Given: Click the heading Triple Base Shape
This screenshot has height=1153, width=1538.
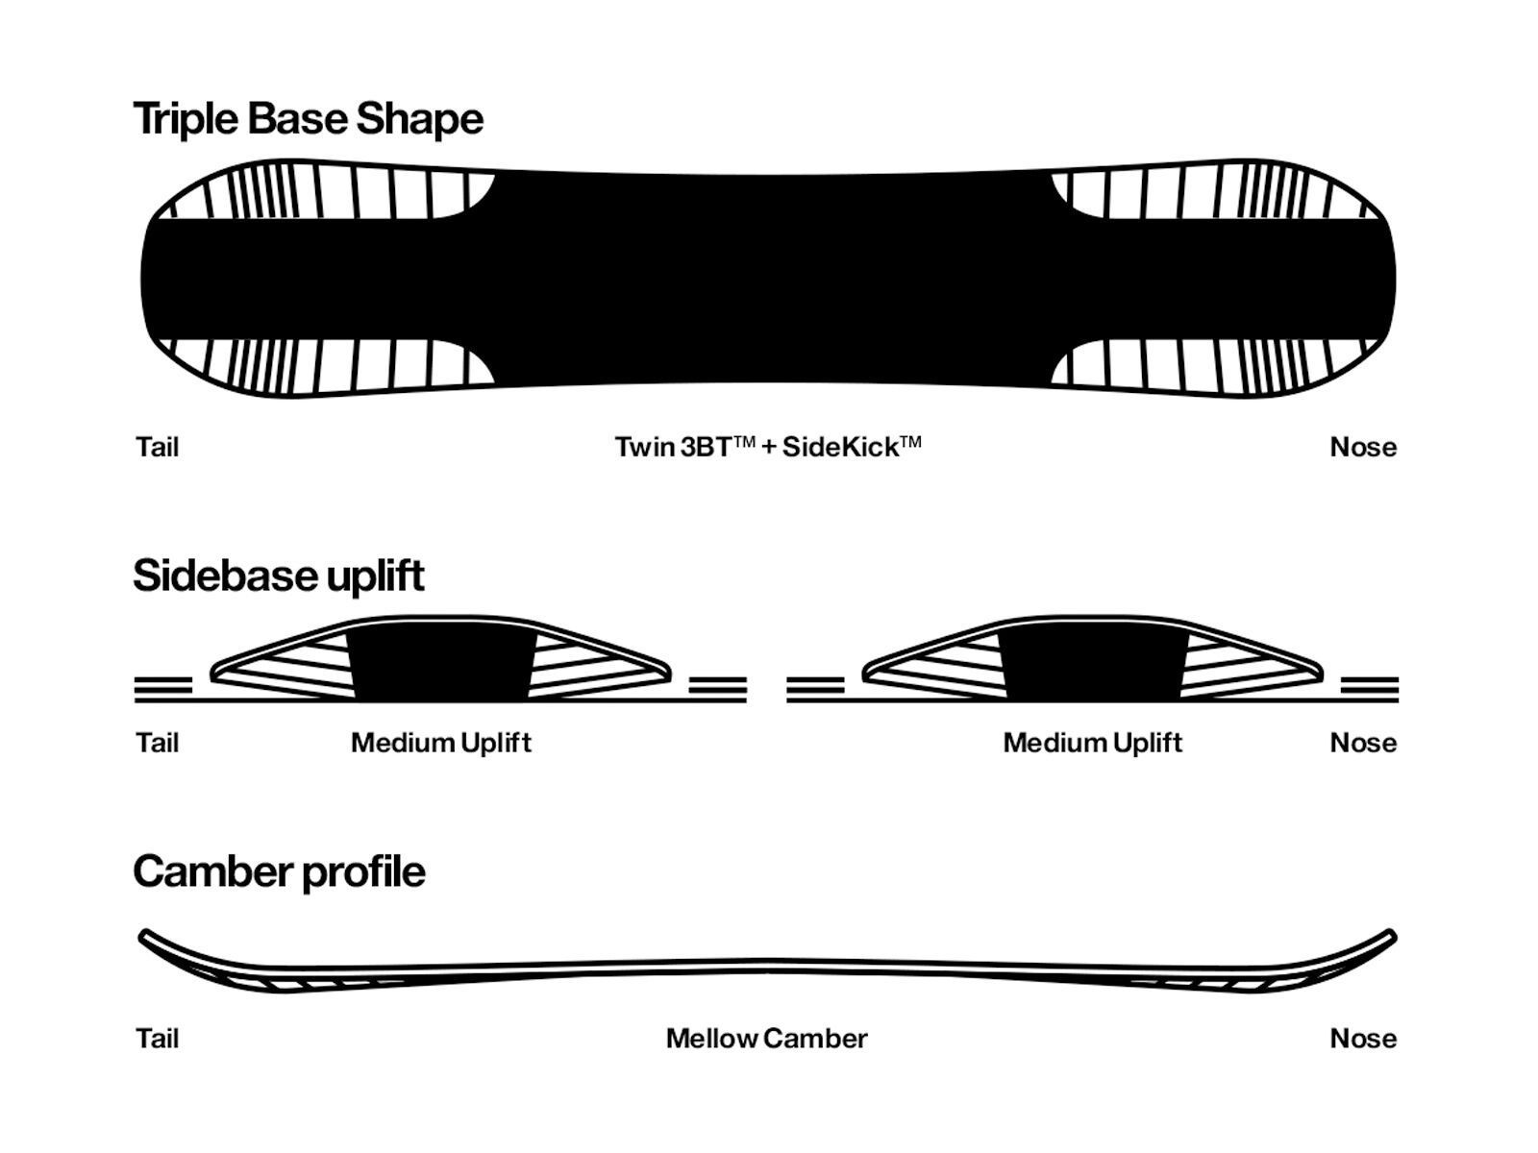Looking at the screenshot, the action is pos(309,120).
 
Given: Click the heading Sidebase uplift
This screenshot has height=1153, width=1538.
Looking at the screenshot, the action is pos(279,576).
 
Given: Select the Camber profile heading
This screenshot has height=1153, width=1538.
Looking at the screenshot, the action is pos(280,873).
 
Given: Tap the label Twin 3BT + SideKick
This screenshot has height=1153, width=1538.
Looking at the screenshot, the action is pos(768,447).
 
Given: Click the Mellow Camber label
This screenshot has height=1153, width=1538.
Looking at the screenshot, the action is pos(766,1039).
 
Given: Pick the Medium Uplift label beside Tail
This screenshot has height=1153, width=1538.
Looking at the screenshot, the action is pos(440,743).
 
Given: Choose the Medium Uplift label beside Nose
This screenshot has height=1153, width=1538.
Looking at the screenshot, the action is pos(1092,743).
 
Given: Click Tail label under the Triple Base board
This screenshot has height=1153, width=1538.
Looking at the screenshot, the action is pos(158,447).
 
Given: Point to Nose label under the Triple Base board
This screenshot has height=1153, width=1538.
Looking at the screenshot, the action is pos(1363,447).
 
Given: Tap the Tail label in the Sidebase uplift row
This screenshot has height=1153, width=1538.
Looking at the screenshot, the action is pos(158,743).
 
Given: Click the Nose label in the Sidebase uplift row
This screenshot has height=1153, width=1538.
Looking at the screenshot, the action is pos(1363,743).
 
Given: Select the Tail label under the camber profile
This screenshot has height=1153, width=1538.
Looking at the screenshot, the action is pos(158,1039).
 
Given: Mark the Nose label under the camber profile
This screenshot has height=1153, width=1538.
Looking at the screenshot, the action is pos(1363,1039).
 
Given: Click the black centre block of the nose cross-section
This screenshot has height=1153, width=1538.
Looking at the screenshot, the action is pos(1093,665).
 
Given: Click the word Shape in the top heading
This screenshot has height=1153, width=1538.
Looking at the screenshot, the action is pos(420,120).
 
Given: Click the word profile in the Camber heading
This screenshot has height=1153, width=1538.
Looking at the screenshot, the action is pos(363,873).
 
